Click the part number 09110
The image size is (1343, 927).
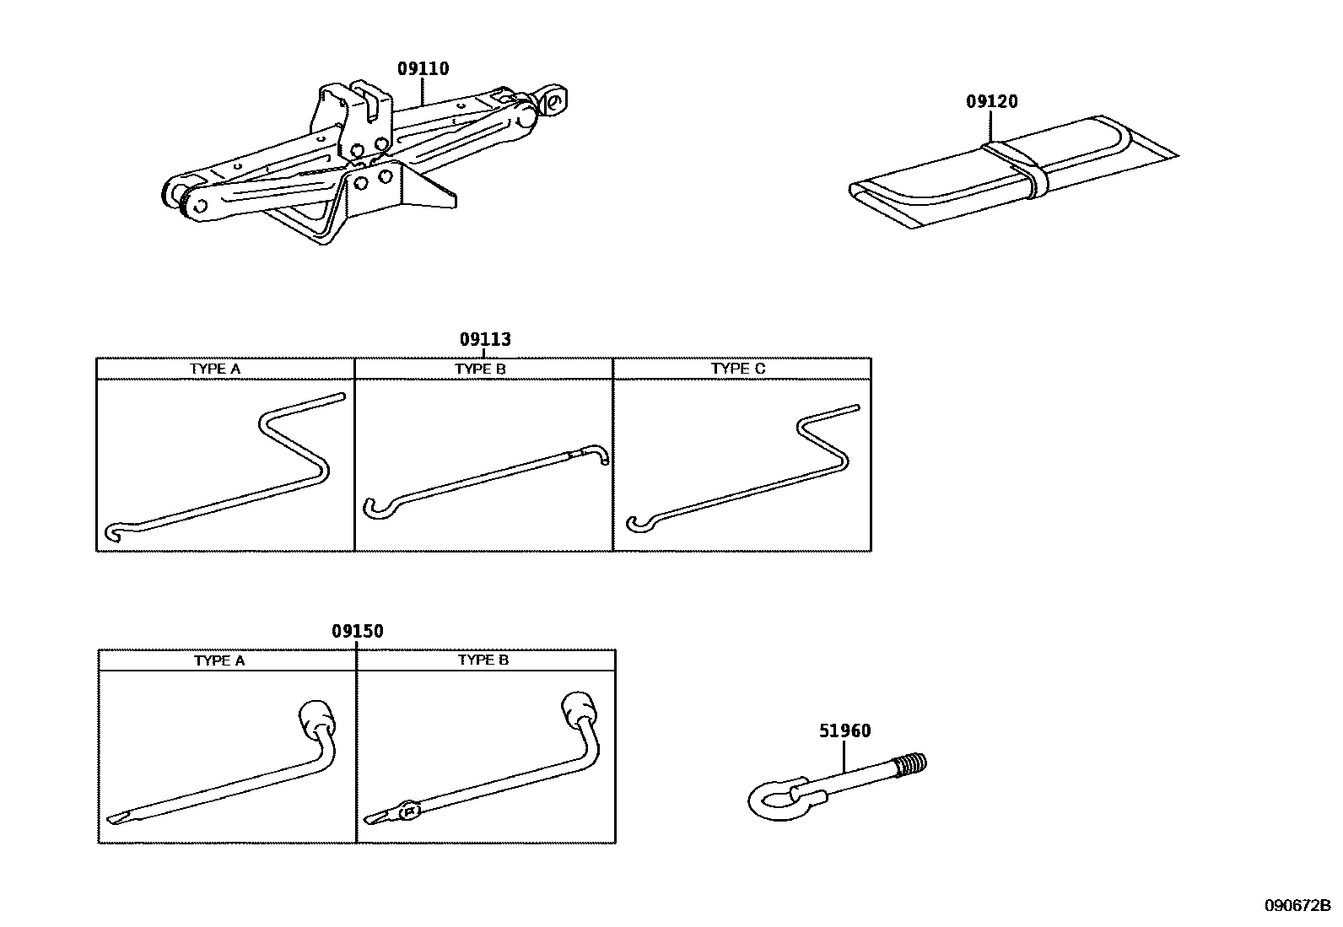coord(423,69)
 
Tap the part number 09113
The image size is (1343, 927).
coord(485,340)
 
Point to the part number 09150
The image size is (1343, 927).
coord(357,632)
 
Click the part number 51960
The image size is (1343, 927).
coord(844,731)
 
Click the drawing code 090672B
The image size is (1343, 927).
coord(1296,906)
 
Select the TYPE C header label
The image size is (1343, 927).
coord(738,369)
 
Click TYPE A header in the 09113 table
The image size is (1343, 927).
coord(215,369)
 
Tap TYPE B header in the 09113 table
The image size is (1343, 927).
coord(480,369)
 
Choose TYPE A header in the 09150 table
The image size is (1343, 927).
coord(219,660)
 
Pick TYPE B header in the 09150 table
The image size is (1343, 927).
coord(483,660)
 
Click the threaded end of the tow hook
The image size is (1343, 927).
coord(911,764)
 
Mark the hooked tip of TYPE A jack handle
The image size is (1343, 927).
coord(116,531)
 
